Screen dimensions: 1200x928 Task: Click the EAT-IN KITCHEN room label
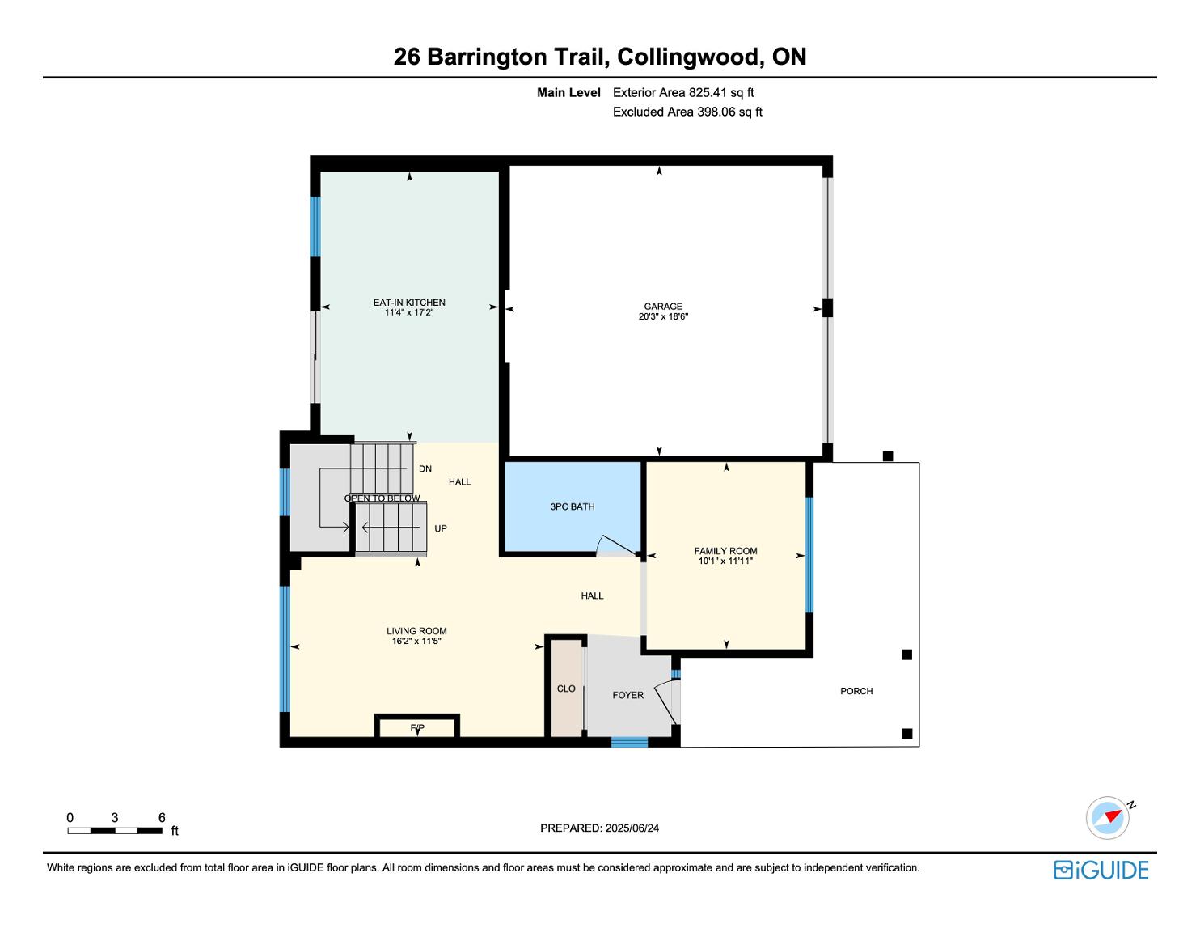[x=409, y=303]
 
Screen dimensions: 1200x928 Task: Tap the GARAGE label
[x=663, y=307]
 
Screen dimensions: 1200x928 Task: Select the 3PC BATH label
[x=573, y=507]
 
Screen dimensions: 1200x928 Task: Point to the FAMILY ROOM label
[x=725, y=551]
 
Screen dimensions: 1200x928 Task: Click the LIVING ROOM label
[x=416, y=631]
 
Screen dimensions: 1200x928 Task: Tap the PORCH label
[x=856, y=691]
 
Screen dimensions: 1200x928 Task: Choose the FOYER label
[x=627, y=695]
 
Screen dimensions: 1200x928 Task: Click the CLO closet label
[x=566, y=689]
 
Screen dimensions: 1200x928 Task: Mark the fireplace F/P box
[x=417, y=727]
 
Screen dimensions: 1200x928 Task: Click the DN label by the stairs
[x=425, y=469]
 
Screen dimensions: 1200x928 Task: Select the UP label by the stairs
[x=441, y=529]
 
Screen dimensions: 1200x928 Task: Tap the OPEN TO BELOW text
[x=382, y=498]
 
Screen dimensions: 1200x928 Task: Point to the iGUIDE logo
[x=1101, y=871]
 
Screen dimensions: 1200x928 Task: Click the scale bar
[x=115, y=831]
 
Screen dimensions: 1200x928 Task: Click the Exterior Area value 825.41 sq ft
[x=721, y=93]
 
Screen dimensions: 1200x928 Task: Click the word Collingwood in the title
[x=688, y=57]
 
